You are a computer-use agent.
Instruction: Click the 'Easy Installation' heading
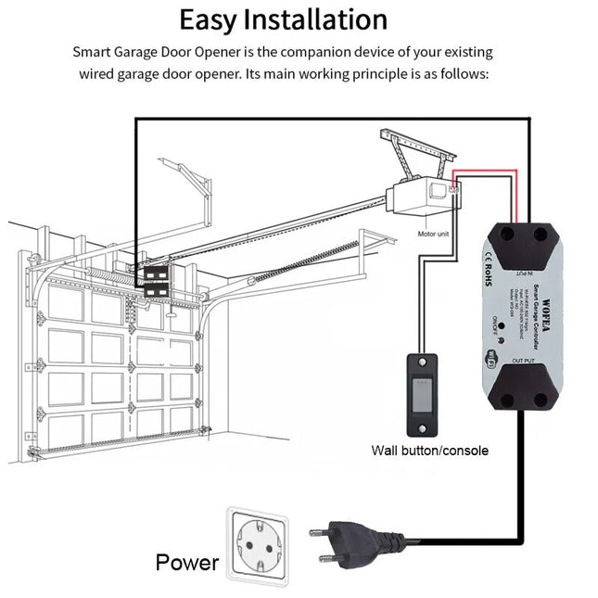click(x=283, y=19)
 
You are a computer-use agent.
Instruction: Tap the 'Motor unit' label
click(x=432, y=235)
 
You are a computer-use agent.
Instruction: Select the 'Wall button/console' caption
click(x=429, y=451)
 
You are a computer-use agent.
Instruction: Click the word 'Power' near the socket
click(x=186, y=562)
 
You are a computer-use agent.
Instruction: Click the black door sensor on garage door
click(x=154, y=281)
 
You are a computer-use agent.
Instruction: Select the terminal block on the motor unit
click(x=453, y=189)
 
